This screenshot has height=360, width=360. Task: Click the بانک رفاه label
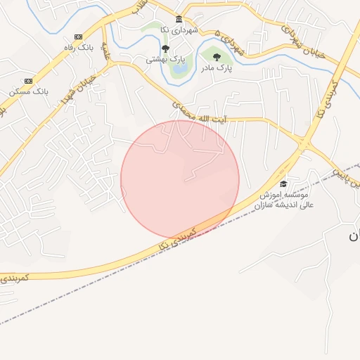[x=77, y=47]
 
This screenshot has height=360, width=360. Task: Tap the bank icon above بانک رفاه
[x=77, y=37]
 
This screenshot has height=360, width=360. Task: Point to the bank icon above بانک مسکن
[x=27, y=81]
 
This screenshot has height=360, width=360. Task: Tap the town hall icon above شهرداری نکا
[x=179, y=19]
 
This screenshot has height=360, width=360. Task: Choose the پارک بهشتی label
[x=162, y=60]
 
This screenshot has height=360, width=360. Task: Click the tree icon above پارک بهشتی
[x=165, y=49]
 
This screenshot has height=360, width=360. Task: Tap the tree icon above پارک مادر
[x=216, y=56]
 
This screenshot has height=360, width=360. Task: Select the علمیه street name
[x=107, y=51]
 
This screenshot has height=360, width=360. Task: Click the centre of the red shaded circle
[x=180, y=179]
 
